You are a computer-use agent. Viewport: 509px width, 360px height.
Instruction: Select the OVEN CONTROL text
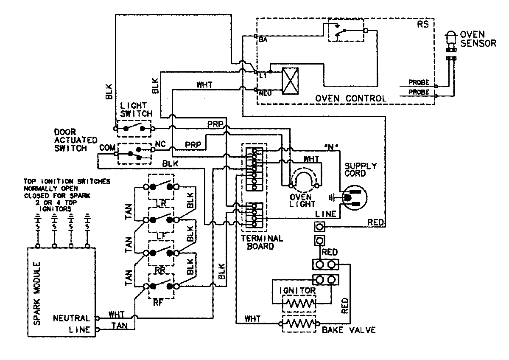(x=350, y=98)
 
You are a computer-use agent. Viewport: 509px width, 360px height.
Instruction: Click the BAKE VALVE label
(x=348, y=330)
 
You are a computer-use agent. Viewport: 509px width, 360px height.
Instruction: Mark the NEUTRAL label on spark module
(x=71, y=318)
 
